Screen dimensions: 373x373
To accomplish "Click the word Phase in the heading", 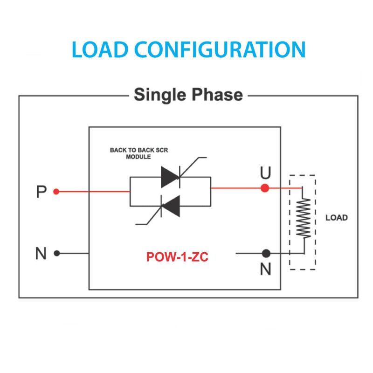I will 217,95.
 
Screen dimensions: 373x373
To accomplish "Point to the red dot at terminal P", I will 56,191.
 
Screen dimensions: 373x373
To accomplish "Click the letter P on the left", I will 41,192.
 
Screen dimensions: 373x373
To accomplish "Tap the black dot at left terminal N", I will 56,253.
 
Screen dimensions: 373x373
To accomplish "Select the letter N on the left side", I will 41,254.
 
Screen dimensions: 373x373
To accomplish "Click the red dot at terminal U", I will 265,188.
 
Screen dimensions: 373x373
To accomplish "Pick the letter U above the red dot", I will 265,173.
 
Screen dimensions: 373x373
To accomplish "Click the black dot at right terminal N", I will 266,254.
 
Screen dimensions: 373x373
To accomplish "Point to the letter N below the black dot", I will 266,269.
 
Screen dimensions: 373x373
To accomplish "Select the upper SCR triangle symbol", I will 170,177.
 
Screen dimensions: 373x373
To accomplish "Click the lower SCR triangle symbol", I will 170,206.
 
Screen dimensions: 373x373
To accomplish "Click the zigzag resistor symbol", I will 303,218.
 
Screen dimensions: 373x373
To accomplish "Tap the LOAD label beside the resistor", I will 336,218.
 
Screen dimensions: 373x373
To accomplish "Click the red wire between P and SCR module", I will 93,191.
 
